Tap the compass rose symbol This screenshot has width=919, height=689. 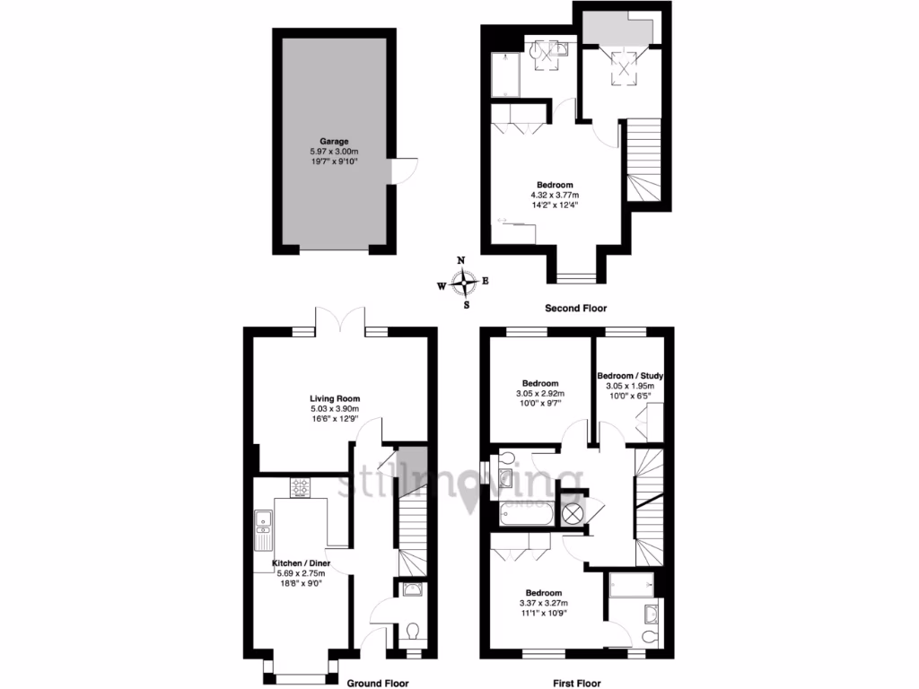[x=463, y=284]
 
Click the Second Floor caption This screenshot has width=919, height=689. [x=575, y=308]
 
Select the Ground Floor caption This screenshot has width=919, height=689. [x=379, y=682]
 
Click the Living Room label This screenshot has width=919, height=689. [x=335, y=399]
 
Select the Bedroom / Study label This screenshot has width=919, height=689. [x=629, y=375]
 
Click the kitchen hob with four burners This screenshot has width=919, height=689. [x=300, y=488]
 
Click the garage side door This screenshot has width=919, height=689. [x=403, y=170]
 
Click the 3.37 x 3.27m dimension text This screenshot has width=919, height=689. [x=544, y=604]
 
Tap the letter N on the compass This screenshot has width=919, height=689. [x=462, y=261]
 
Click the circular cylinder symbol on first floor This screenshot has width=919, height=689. [x=572, y=512]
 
